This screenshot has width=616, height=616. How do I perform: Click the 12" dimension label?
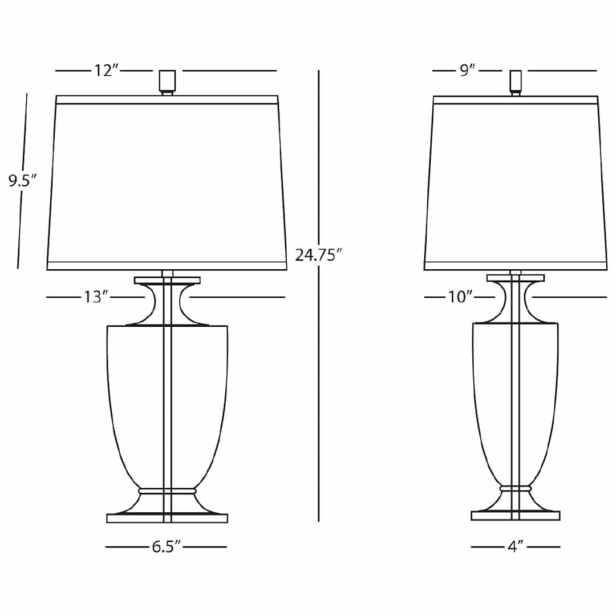106,71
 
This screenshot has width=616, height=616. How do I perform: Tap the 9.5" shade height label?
22,181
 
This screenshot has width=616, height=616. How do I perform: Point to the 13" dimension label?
96,297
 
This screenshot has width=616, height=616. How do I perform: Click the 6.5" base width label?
166,546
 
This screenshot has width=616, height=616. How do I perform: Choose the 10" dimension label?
460,297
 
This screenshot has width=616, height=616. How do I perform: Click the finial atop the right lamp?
516,83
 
